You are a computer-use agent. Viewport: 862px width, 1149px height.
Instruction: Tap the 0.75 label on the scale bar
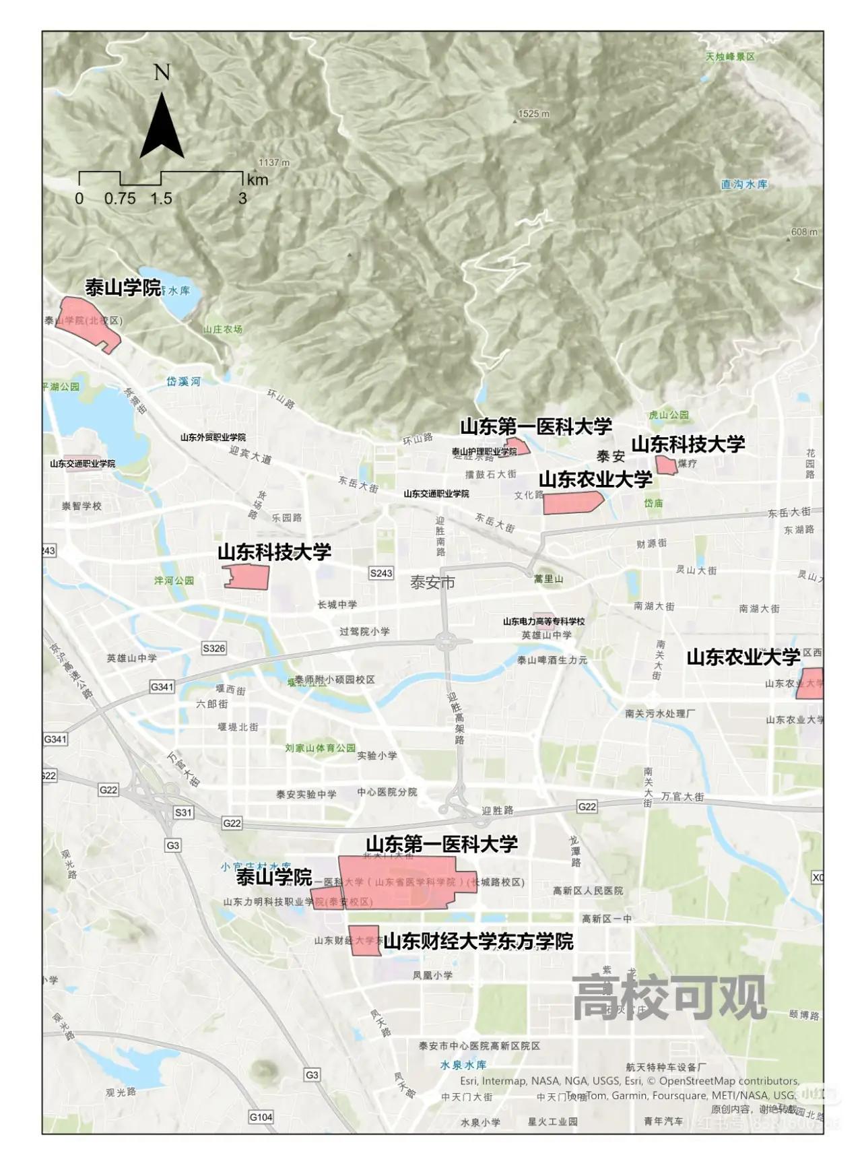point(120,199)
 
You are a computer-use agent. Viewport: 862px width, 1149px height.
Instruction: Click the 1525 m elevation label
point(533,114)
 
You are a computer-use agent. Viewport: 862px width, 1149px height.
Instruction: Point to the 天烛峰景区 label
point(730,57)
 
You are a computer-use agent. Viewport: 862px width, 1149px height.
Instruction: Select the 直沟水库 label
point(743,184)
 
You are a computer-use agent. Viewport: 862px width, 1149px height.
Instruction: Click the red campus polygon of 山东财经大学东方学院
point(364,941)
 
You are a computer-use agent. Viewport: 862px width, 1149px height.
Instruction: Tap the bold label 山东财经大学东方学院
point(478,941)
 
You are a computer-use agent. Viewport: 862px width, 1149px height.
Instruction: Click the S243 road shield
point(381,573)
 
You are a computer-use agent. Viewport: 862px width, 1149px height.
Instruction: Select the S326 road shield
point(214,648)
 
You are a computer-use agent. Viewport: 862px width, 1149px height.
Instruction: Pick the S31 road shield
point(183,812)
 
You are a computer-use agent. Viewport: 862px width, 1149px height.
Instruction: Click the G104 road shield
point(261,1117)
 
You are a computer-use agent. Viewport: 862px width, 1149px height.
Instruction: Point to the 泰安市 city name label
point(432,583)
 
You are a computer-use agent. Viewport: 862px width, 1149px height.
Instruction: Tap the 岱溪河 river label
point(183,381)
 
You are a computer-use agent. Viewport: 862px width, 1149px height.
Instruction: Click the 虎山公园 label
point(669,415)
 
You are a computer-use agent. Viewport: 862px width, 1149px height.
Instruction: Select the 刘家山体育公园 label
point(320,748)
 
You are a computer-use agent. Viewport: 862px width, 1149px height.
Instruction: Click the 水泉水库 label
point(463,1065)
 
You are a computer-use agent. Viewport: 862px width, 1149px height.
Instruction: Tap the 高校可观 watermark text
point(669,997)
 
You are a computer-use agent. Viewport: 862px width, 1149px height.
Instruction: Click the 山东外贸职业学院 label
point(213,438)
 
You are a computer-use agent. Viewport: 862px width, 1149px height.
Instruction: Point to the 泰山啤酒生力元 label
point(552,660)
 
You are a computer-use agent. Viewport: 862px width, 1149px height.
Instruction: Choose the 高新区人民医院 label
point(588,890)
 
